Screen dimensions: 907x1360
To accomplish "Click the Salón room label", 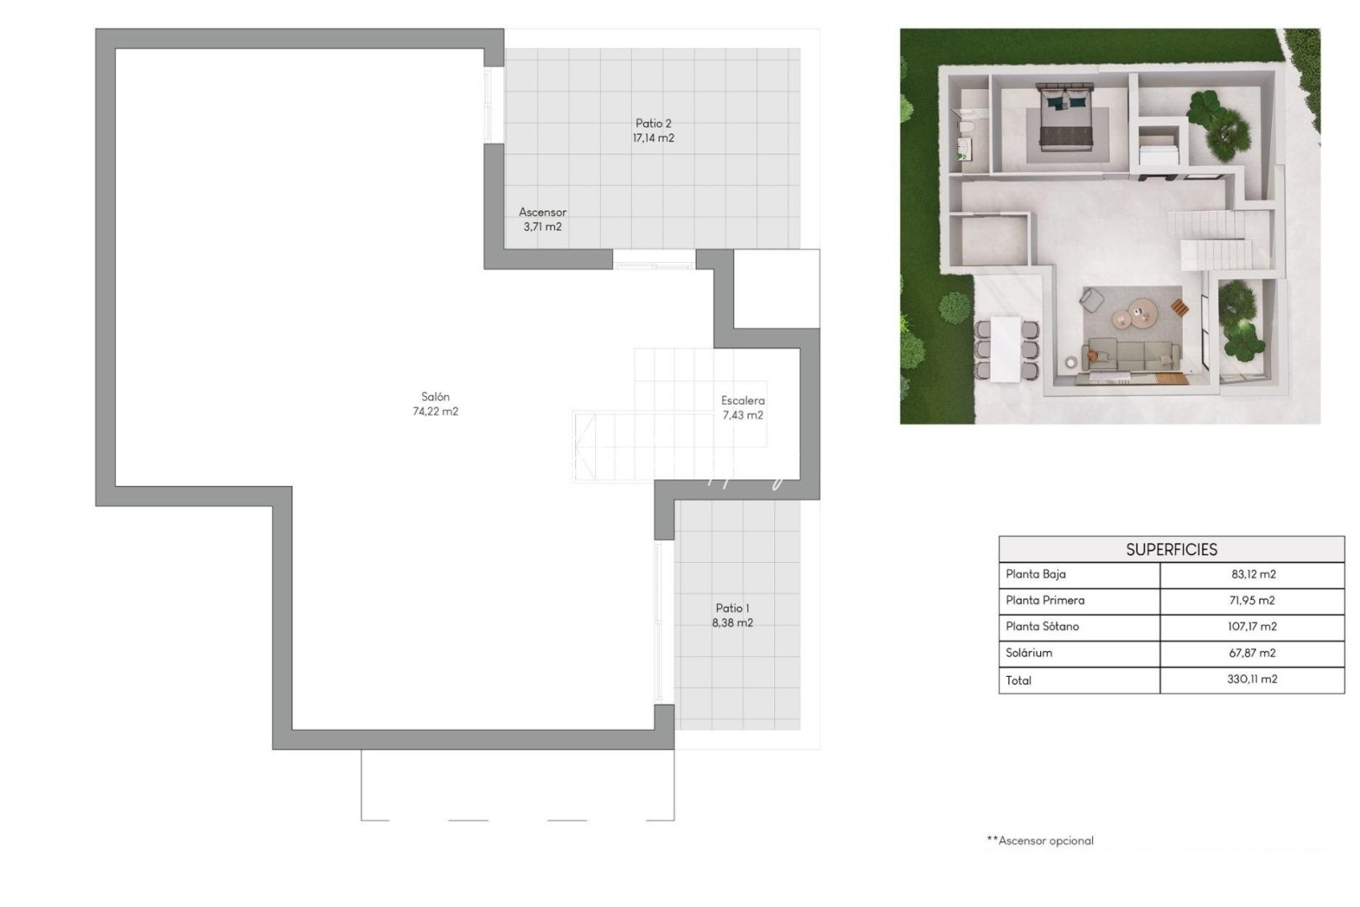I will pyautogui.click(x=435, y=396).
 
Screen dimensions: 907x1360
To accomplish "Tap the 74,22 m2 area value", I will pyautogui.click(x=435, y=412).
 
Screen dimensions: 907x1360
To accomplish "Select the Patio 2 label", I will pyautogui.click(x=653, y=123).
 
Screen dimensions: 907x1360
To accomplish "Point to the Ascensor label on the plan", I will pyautogui.click(x=542, y=212).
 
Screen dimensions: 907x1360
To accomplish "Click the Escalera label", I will pyautogui.click(x=743, y=401).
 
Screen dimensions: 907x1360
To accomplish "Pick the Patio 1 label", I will pyautogui.click(x=732, y=608).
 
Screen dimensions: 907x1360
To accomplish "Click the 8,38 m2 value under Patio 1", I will pyautogui.click(x=732, y=623).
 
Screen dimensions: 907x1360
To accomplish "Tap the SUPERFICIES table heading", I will pyautogui.click(x=1171, y=549).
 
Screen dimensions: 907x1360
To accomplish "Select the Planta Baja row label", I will pyautogui.click(x=1036, y=574).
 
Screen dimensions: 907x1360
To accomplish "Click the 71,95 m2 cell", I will pyautogui.click(x=1251, y=600).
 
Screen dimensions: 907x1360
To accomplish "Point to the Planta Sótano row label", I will pyautogui.click(x=1042, y=627).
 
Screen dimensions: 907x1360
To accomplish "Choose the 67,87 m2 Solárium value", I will pyautogui.click(x=1251, y=653).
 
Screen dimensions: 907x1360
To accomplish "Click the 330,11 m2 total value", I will pyautogui.click(x=1251, y=679).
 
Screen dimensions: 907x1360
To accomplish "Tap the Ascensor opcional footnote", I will pyautogui.click(x=1040, y=841).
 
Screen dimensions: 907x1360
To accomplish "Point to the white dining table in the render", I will pyautogui.click(x=1005, y=348).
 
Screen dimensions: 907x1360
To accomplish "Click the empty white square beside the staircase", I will pyautogui.click(x=777, y=289).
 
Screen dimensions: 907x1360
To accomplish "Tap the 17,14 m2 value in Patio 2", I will pyautogui.click(x=653, y=139).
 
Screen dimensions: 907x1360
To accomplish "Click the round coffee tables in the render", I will pyautogui.click(x=1134, y=315).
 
